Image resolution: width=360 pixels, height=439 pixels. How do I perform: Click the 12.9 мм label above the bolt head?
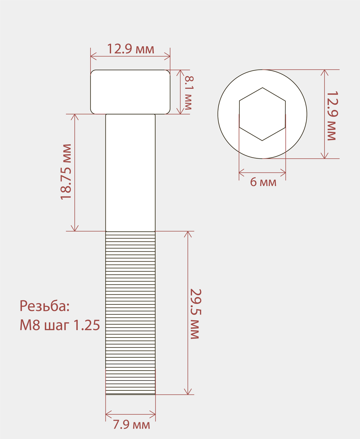tap(131, 49)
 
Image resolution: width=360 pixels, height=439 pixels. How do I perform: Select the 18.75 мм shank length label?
tap(66, 172)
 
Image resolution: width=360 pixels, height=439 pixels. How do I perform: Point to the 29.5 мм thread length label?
tap(196, 314)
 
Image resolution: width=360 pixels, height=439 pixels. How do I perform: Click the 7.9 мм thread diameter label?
tap(132, 425)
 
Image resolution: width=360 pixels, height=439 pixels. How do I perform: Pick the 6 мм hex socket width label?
tap(263, 182)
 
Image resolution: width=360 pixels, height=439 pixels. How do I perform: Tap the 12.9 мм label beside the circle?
tap(332, 116)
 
